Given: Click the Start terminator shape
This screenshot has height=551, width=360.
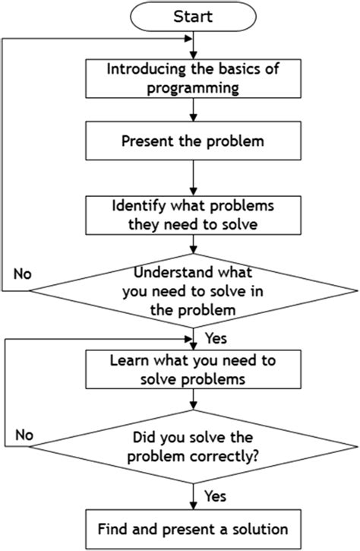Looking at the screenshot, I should [x=194, y=15].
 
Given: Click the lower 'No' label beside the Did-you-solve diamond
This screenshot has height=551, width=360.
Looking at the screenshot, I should [x=23, y=436].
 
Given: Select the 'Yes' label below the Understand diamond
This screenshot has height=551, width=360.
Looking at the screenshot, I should [x=215, y=334].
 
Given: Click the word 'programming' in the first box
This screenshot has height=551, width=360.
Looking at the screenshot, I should [x=194, y=87].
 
